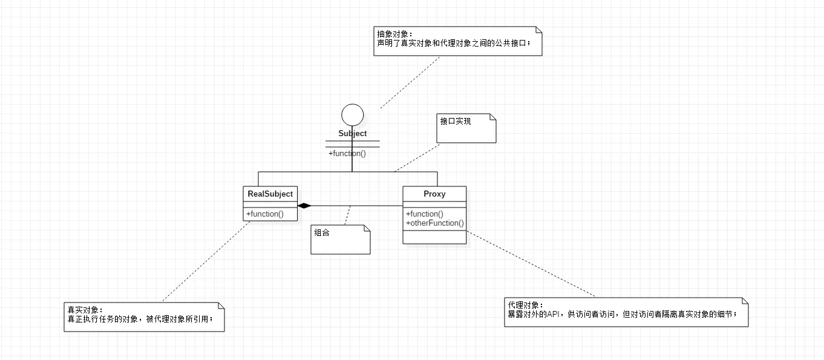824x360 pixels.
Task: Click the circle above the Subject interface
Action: pyautogui.click(x=352, y=115)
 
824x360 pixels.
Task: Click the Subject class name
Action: pyautogui.click(x=352, y=133)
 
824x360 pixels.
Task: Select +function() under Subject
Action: pyautogui.click(x=347, y=153)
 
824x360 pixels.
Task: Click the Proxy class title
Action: pyautogui.click(x=434, y=194)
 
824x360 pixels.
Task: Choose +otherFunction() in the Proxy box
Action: pyautogui.click(x=435, y=223)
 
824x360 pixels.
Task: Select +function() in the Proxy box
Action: pyautogui.click(x=425, y=214)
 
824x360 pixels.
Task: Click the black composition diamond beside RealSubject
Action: pyautogui.click(x=304, y=206)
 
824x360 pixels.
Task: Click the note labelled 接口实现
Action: pyautogui.click(x=466, y=128)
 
